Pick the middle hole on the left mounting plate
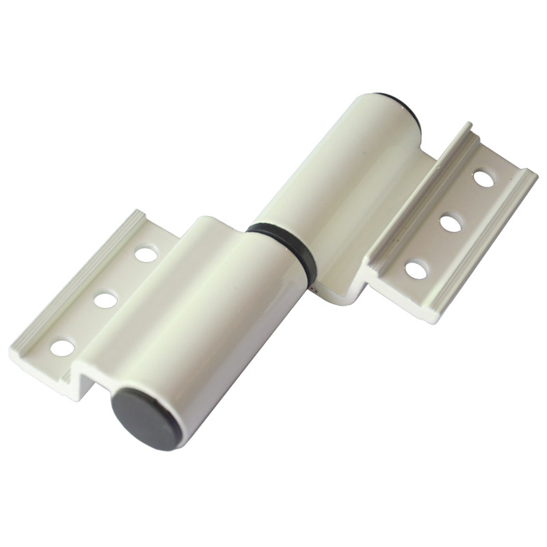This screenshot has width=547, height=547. click(x=104, y=299)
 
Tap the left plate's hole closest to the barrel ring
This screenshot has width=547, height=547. click(x=144, y=254)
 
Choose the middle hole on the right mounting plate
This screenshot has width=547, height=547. click(x=450, y=223)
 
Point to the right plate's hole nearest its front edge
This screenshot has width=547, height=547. click(x=416, y=269)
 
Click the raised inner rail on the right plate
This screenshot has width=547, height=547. click(x=417, y=185)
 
